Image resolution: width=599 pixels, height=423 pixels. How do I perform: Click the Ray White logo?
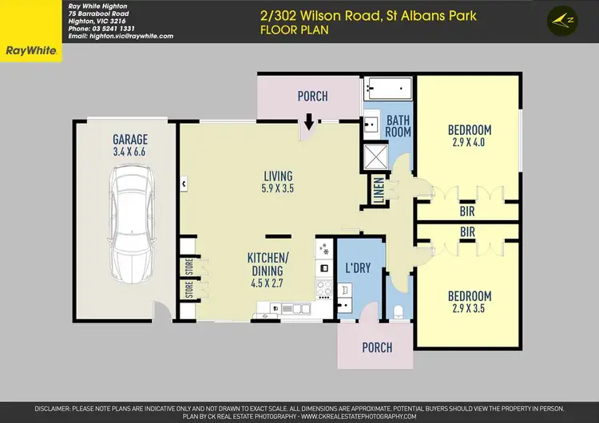click(x=30, y=50)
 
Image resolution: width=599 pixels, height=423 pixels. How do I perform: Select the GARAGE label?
click(x=129, y=140)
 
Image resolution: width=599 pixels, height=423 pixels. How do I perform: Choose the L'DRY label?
click(x=358, y=268)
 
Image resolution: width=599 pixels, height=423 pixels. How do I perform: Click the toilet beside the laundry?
click(x=399, y=310)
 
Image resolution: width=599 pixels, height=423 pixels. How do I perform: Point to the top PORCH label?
click(x=312, y=97)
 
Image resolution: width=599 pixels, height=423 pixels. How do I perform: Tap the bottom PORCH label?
click(x=377, y=347)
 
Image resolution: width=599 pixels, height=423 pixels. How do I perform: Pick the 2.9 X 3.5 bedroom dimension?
click(x=469, y=306)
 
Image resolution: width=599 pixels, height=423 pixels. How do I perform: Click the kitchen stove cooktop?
click(x=325, y=287)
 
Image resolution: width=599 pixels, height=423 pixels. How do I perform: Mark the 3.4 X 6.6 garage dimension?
click(x=129, y=151)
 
